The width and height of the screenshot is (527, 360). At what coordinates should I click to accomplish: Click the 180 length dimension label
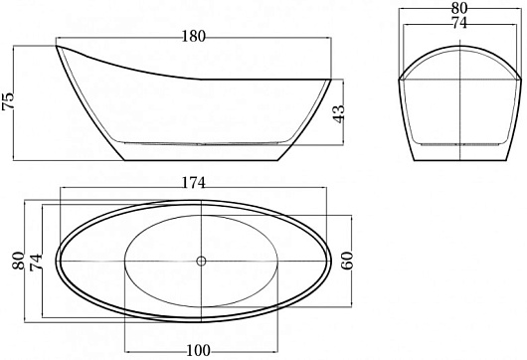(193, 37)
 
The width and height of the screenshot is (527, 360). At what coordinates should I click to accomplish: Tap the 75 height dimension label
(8, 100)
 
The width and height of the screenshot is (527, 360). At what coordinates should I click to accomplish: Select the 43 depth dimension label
(339, 114)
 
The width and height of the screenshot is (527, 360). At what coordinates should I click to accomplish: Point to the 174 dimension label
(193, 183)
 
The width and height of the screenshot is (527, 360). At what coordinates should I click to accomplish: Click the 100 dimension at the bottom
(198, 351)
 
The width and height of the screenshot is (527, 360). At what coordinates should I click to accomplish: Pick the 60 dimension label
(348, 261)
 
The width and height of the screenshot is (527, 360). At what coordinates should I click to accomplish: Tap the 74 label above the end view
(459, 23)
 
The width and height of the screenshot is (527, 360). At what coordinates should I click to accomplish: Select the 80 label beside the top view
(19, 261)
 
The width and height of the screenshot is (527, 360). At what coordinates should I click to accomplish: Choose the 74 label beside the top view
(36, 263)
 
